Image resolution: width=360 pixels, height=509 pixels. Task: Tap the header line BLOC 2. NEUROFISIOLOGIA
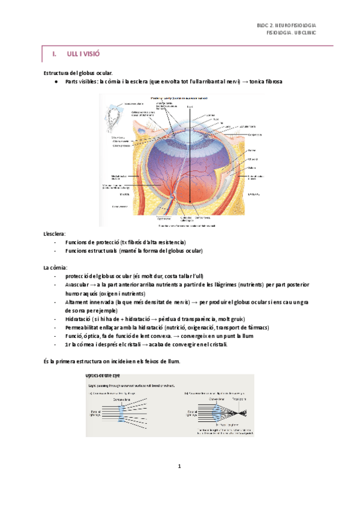286,26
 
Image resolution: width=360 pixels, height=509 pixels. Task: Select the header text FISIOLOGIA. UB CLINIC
291,34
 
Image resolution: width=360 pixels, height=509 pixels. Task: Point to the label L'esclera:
55,233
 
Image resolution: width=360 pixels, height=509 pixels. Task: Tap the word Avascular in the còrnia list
80,285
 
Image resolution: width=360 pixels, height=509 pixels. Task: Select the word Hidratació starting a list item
82,319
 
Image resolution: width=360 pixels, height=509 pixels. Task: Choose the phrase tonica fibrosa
265,81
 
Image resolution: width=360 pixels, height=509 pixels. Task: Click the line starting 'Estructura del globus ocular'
78,72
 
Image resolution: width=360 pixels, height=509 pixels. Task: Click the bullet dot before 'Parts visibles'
55,81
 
